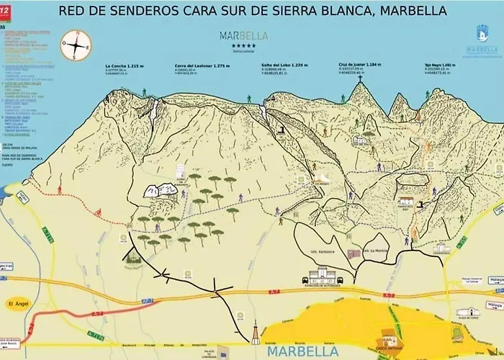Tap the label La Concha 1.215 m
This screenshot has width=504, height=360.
[x=125, y=66]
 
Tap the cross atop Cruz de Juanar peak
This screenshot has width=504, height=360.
[x=360, y=76]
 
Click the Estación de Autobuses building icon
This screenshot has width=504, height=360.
[x=322, y=275]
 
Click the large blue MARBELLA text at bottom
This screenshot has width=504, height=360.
[x=300, y=352]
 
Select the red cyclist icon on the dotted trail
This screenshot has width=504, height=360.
[x=59, y=190]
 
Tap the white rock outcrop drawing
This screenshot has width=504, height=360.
[x=162, y=191]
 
